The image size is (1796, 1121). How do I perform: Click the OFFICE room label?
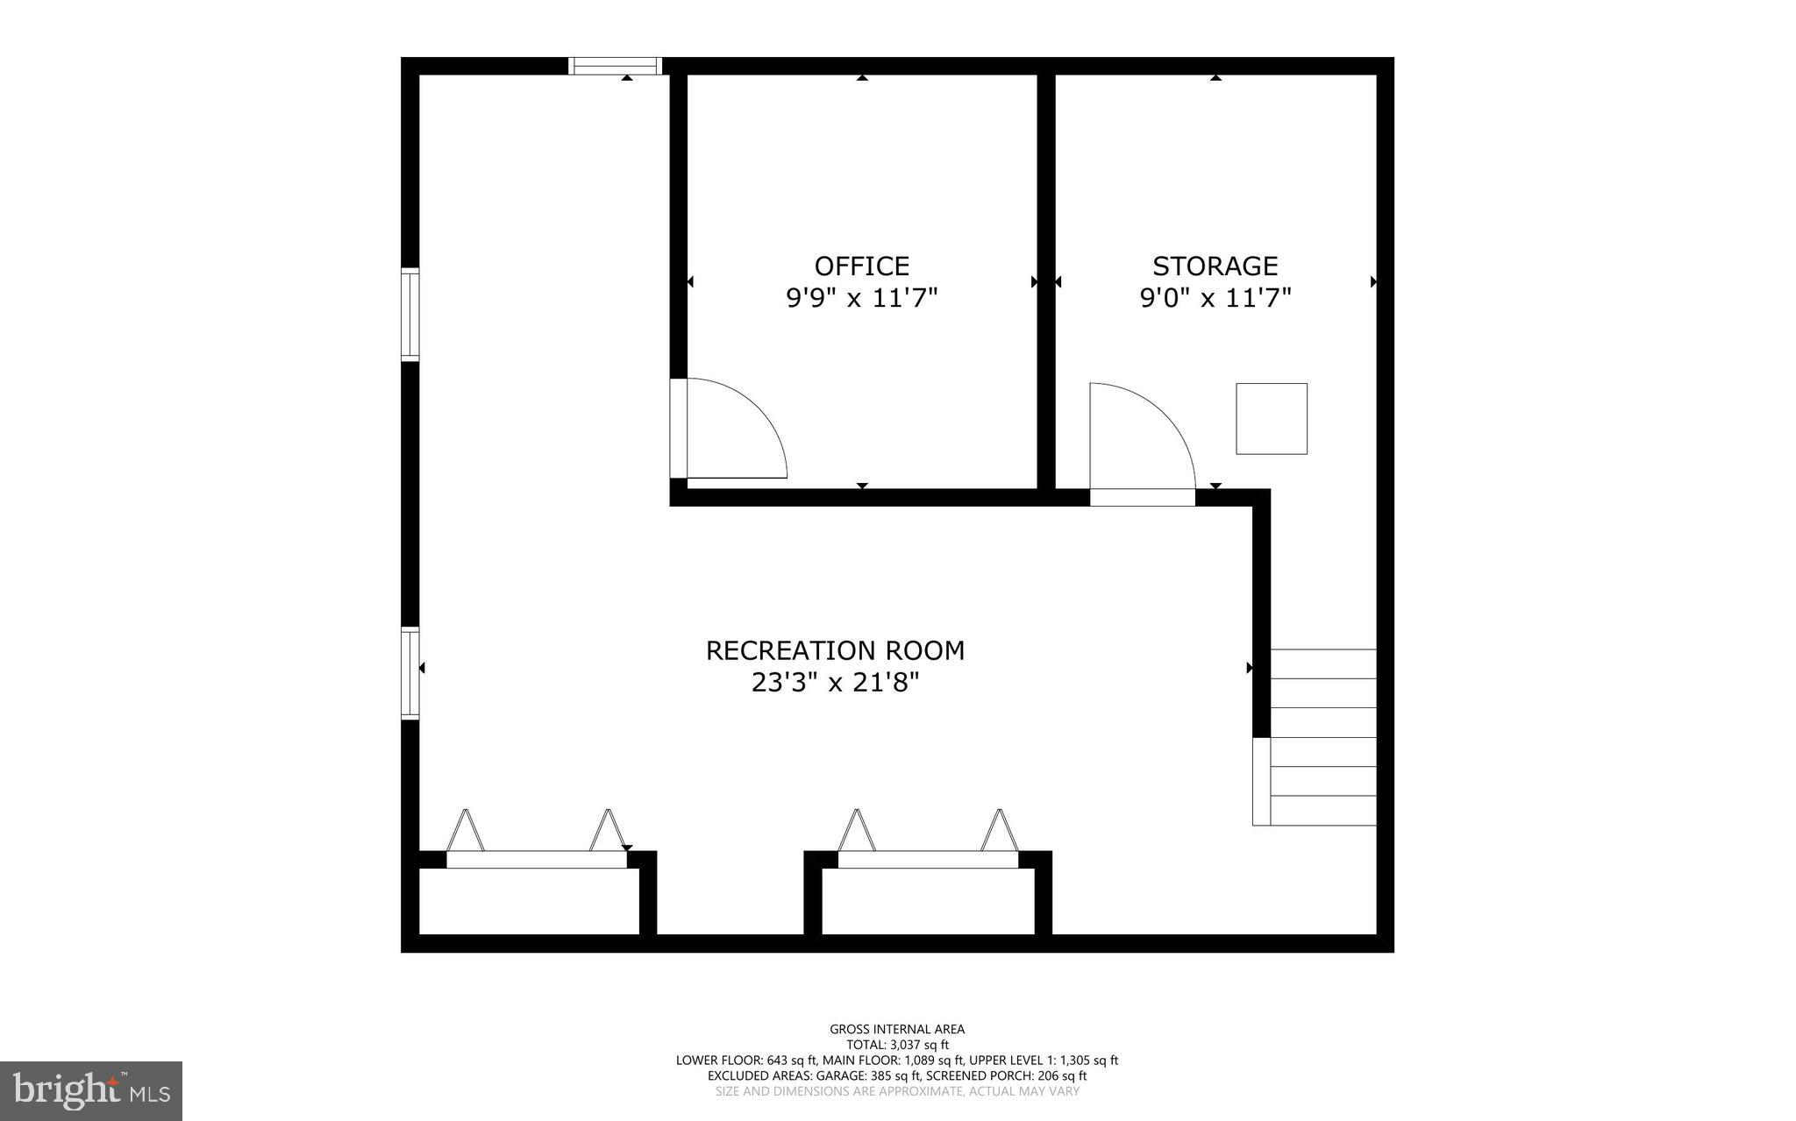pyautogui.click(x=861, y=266)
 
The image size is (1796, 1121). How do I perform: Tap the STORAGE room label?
pyautogui.click(x=1215, y=266)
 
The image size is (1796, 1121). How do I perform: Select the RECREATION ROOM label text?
pyautogui.click(x=835, y=650)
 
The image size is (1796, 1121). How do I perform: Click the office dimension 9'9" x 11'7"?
pyautogui.click(x=861, y=299)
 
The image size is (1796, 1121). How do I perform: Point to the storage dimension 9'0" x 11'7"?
pyautogui.click(x=1215, y=299)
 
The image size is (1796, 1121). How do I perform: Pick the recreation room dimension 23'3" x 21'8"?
pyautogui.click(x=835, y=683)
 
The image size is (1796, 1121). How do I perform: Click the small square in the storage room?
pyautogui.click(x=1271, y=419)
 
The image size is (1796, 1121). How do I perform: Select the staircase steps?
pyautogui.click(x=1322, y=736)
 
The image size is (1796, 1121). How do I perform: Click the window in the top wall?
pyautogui.click(x=614, y=66)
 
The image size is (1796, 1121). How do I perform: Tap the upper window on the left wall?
pyautogui.click(x=410, y=314)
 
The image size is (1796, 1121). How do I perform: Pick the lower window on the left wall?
pyautogui.click(x=410, y=673)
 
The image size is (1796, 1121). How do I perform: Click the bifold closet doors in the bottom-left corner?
pyautogui.click(x=537, y=841)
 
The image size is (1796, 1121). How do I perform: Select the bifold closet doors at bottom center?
pyautogui.click(x=928, y=841)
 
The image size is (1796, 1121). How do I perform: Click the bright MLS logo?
pyautogui.click(x=91, y=1090)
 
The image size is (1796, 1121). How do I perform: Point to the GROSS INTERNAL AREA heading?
pyautogui.click(x=897, y=1029)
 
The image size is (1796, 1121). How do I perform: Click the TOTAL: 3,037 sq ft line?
pyautogui.click(x=897, y=1045)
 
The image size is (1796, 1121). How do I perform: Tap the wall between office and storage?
pyautogui.click(x=1045, y=280)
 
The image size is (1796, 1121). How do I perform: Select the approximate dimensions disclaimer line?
pyautogui.click(x=897, y=1092)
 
